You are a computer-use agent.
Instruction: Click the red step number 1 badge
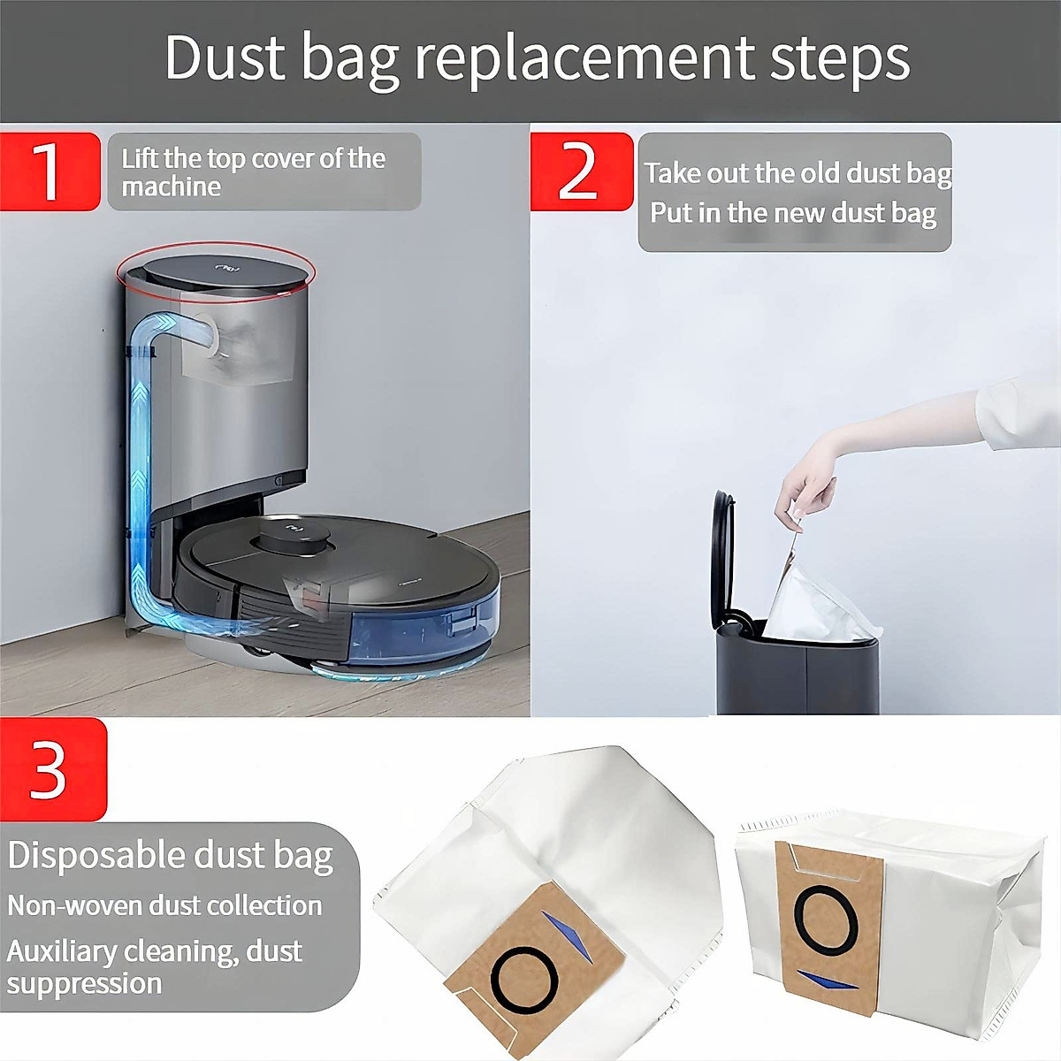click(50, 171)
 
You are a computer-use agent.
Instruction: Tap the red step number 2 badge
click(581, 171)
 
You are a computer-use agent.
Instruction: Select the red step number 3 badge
click(51, 769)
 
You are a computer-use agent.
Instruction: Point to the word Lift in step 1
click(140, 158)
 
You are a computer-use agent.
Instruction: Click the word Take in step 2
click(671, 172)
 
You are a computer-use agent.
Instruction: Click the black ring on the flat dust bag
click(524, 979)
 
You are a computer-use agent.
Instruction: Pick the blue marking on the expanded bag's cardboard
click(826, 980)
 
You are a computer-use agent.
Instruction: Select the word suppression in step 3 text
click(85, 983)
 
